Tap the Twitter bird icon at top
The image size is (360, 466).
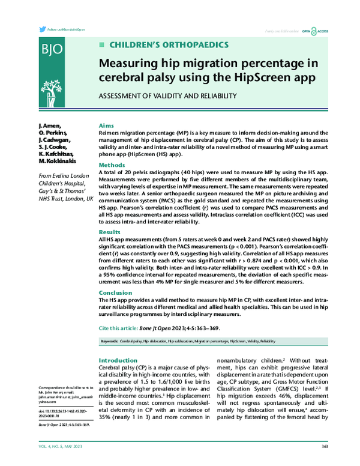[41, 29]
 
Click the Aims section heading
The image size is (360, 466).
[106, 126]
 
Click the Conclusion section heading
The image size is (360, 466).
[115, 292]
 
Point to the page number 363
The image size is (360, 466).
[325, 446]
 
